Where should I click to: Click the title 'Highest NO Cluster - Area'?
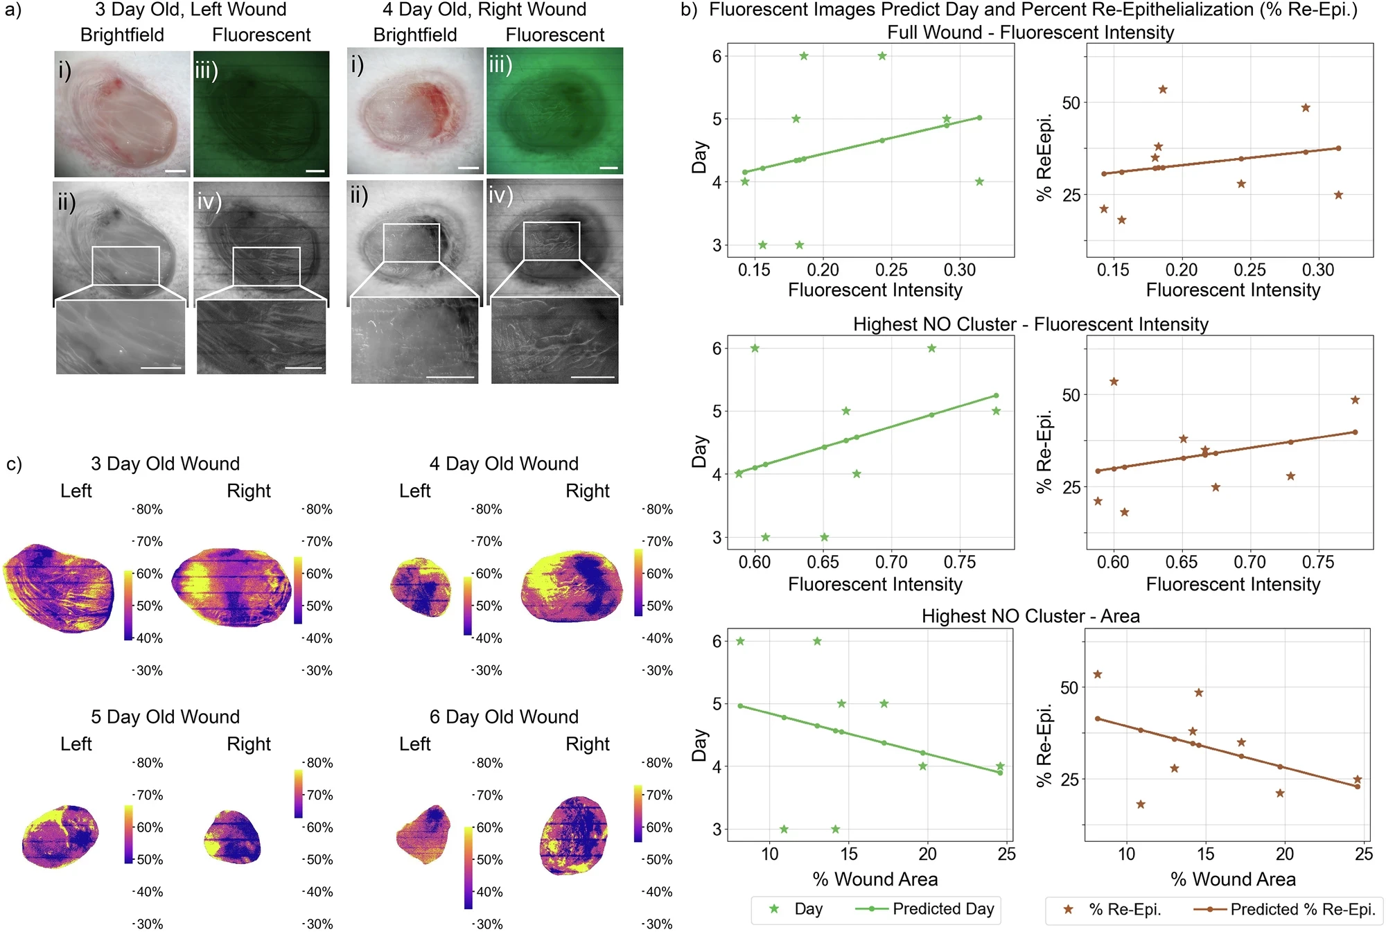pos(1030,616)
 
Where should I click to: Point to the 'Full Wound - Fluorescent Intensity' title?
pos(1030,33)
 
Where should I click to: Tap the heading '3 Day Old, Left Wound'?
pos(191,10)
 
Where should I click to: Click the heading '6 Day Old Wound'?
pos(504,716)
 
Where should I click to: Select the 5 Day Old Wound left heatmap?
pos(60,837)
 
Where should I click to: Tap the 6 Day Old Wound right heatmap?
pos(573,836)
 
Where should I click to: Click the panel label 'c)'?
pos(14,464)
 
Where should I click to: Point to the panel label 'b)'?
pos(689,10)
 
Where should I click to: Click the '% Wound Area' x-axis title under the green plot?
pos(875,879)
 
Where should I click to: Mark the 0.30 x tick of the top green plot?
pos(960,270)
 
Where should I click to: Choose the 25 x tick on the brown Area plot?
pos(1363,854)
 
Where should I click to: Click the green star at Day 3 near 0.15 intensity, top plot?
pos(762,245)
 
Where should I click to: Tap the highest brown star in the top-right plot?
pos(1163,89)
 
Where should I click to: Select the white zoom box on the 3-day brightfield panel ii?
pos(125,265)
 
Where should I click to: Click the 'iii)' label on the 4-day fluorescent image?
pos(500,64)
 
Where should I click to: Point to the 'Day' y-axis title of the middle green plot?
pos(700,451)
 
